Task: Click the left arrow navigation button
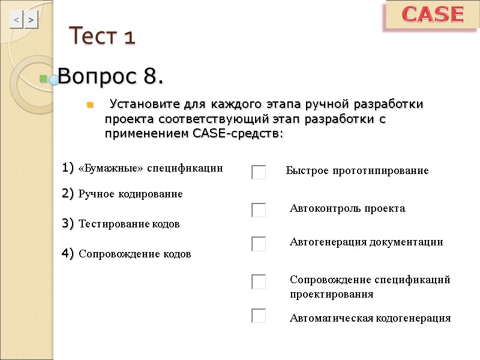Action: (x=16, y=20)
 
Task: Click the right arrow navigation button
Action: (x=31, y=20)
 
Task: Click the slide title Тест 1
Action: (x=102, y=37)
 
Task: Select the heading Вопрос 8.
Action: (x=111, y=77)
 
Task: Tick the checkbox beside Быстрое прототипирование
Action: (x=259, y=172)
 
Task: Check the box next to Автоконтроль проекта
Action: (x=259, y=210)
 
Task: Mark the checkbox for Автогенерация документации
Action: (x=259, y=244)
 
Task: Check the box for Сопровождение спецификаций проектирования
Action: (x=259, y=281)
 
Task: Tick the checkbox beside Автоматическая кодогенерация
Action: (x=259, y=316)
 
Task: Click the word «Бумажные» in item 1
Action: (x=112, y=169)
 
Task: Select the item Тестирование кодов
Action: (x=129, y=224)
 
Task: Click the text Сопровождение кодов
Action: (x=135, y=254)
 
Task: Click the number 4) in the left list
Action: (x=67, y=254)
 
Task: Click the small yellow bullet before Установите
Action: (x=90, y=106)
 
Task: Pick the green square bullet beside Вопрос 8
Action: (x=43, y=78)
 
